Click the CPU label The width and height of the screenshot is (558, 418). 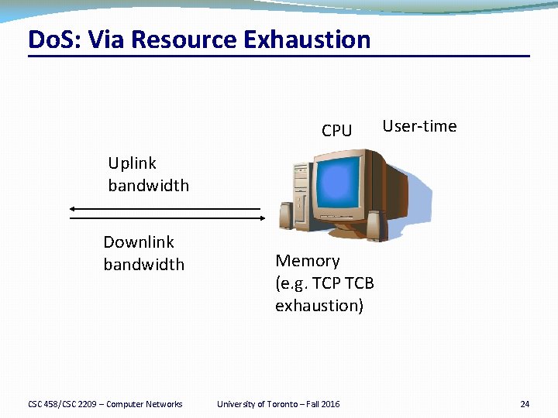pyautogui.click(x=336, y=131)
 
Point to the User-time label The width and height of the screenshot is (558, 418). pyautogui.click(x=419, y=126)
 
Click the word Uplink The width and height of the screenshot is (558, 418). pyautogui.click(x=132, y=163)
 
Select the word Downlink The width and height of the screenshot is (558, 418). pyautogui.click(x=139, y=242)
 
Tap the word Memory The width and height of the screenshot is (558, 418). pyautogui.click(x=307, y=261)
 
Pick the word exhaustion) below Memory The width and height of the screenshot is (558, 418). pyautogui.click(x=319, y=306)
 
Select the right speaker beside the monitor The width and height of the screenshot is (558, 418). pyautogui.click(x=375, y=226)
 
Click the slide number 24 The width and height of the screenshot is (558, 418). pyautogui.click(x=525, y=404)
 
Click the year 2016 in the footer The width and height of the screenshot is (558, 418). pyautogui.click(x=329, y=404)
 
